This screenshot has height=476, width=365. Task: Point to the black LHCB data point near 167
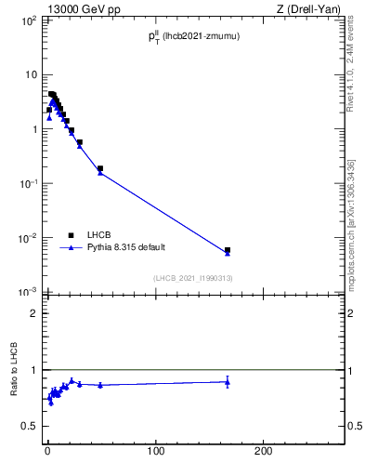[228, 250]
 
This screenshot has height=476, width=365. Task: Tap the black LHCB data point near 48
[99, 168]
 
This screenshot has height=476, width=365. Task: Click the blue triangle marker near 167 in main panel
[228, 253]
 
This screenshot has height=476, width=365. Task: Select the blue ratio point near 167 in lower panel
[228, 381]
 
